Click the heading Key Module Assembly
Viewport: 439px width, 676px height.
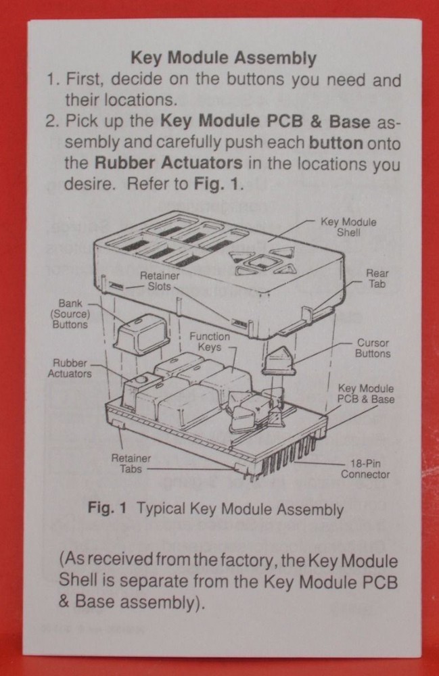point(223,59)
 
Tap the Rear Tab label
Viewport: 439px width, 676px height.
point(377,279)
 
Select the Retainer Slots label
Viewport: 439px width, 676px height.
point(160,281)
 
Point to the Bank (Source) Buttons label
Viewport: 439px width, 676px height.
point(70,314)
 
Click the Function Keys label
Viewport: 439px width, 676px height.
point(209,341)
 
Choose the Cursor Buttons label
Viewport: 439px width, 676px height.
point(373,348)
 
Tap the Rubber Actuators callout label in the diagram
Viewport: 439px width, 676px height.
point(70,368)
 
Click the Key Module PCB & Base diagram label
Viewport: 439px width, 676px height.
point(366,394)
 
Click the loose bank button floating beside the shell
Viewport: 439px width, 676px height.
point(141,331)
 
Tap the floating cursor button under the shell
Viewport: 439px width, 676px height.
point(277,359)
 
